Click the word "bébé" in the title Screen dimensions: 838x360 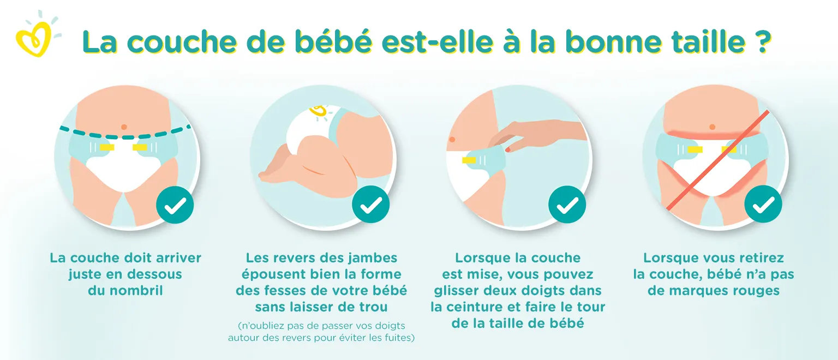333,41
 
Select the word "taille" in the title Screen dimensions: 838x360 709,41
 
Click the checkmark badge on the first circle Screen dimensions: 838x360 175,205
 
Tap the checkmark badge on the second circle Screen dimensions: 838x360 371,205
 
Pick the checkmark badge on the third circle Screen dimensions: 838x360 567,205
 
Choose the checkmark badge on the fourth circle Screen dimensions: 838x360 763,204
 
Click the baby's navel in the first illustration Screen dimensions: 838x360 124,127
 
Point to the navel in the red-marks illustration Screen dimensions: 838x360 713,127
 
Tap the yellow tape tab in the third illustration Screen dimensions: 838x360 469,160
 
